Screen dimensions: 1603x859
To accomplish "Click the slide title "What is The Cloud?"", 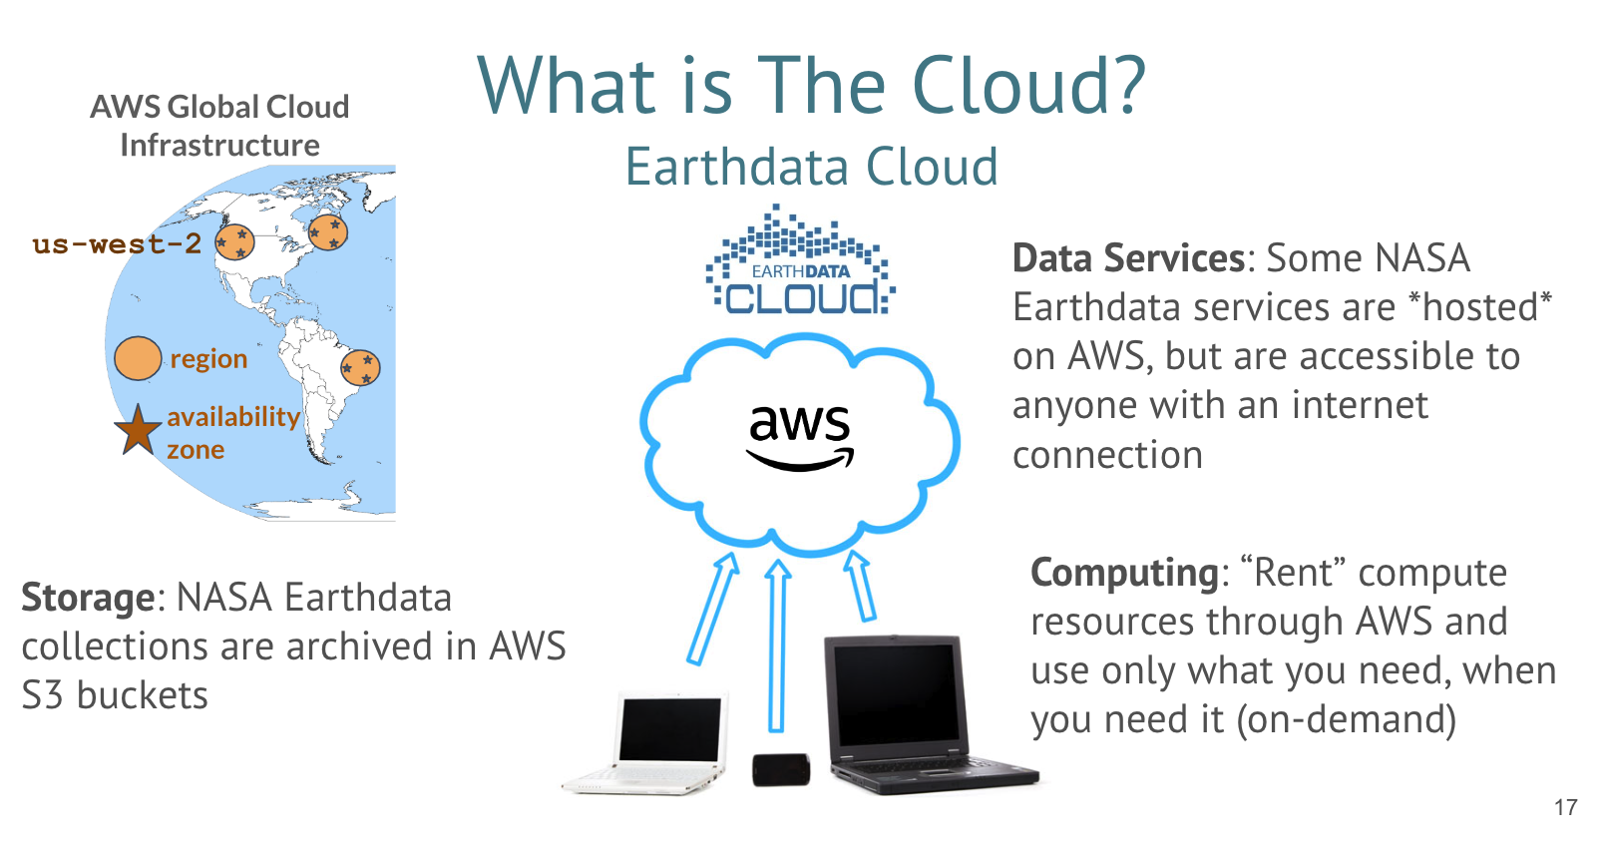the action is pyautogui.click(x=812, y=86).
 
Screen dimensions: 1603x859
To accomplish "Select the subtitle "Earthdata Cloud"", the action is pyautogui.click(x=812, y=167).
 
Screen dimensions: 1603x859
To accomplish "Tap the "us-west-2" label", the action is pyautogui.click(x=117, y=244).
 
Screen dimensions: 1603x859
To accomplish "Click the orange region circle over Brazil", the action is pyautogui.click(x=360, y=368).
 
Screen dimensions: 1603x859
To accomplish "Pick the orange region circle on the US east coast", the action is pyautogui.click(x=328, y=231).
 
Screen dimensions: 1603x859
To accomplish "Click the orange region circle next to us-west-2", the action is pyautogui.click(x=234, y=241).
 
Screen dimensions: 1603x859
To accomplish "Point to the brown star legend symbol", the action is pyautogui.click(x=138, y=430).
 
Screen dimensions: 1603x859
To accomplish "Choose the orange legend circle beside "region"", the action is pyautogui.click(x=138, y=358).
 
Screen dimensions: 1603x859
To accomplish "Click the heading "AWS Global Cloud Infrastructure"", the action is pyautogui.click(x=219, y=126).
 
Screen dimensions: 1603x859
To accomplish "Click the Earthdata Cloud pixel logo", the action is pyautogui.click(x=800, y=260).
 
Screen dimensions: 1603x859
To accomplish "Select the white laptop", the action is pyautogui.click(x=644, y=743).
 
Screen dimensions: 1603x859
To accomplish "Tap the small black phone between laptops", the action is pyautogui.click(x=781, y=769).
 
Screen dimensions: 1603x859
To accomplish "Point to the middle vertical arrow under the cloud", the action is pyautogui.click(x=777, y=645).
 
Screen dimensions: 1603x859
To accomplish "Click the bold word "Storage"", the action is pyautogui.click(x=88, y=598).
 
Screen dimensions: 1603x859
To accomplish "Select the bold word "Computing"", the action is pyautogui.click(x=1124, y=573).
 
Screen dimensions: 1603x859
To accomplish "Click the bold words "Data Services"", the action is pyautogui.click(x=1129, y=257).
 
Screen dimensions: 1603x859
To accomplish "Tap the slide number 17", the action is pyautogui.click(x=1566, y=807).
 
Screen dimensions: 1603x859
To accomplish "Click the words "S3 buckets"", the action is pyautogui.click(x=115, y=695).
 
